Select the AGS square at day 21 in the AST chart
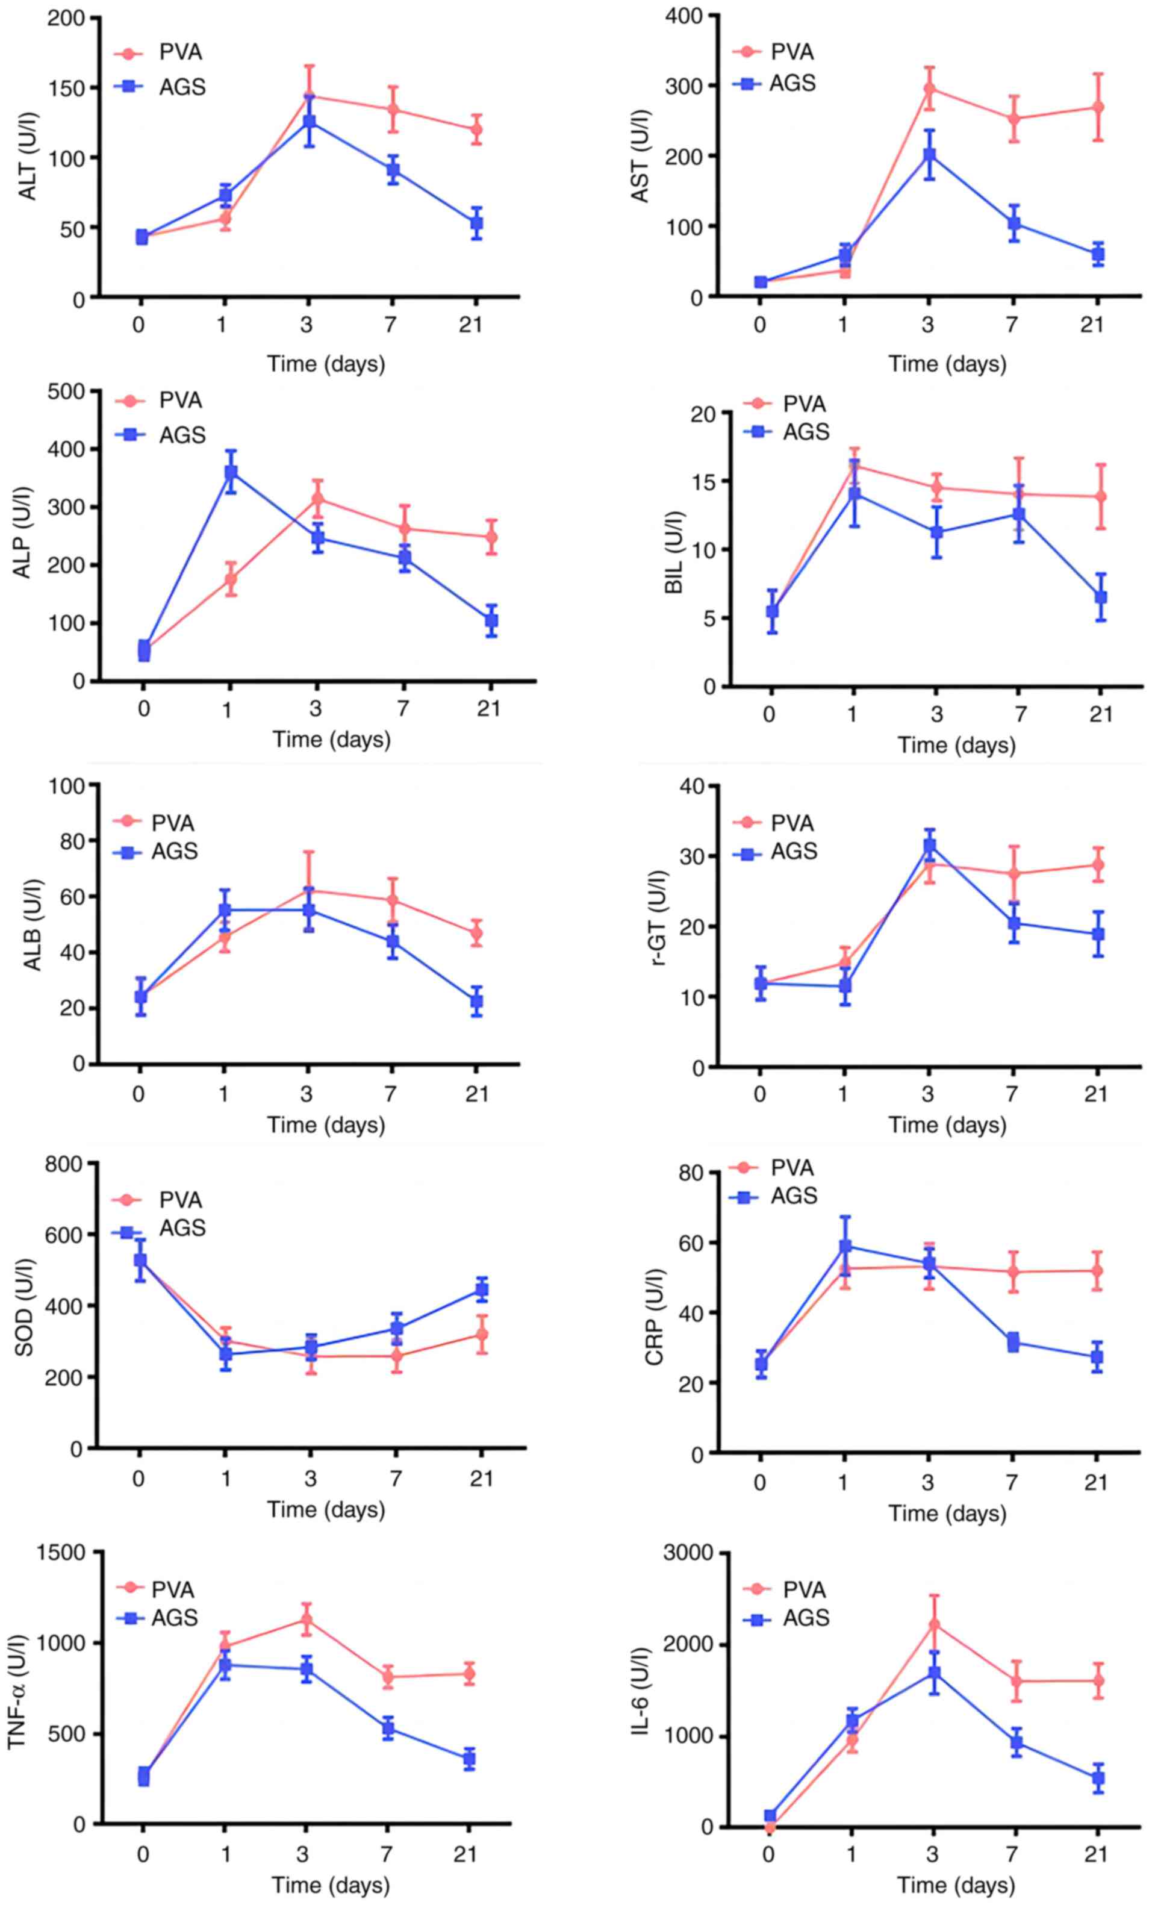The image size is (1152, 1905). click(1097, 254)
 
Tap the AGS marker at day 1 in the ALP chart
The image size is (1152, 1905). click(231, 472)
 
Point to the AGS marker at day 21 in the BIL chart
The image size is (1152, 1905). click(1100, 597)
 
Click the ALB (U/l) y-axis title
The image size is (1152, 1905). click(32, 924)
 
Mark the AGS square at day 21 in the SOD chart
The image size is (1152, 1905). click(481, 1289)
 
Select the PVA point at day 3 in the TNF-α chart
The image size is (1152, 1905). click(306, 1620)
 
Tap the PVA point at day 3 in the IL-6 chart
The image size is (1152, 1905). click(934, 1625)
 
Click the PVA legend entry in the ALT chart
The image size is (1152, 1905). click(180, 52)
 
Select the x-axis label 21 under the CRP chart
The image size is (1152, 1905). click(1095, 1482)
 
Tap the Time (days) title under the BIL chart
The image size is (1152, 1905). click(956, 745)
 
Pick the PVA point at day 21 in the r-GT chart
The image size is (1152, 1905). click(1097, 865)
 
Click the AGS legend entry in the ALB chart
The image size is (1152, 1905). click(174, 851)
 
